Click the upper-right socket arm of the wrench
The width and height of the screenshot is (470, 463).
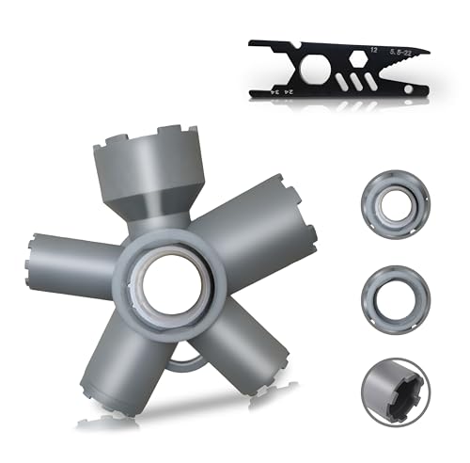(244, 227)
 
